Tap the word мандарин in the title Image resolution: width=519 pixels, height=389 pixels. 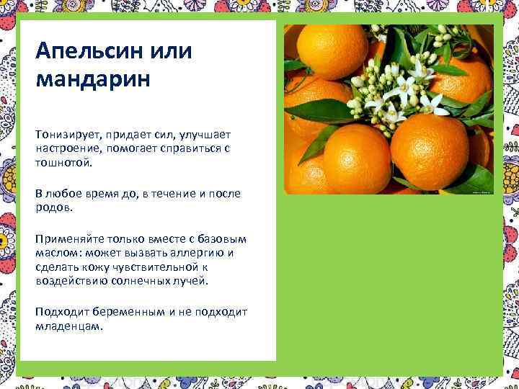click(x=92, y=77)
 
